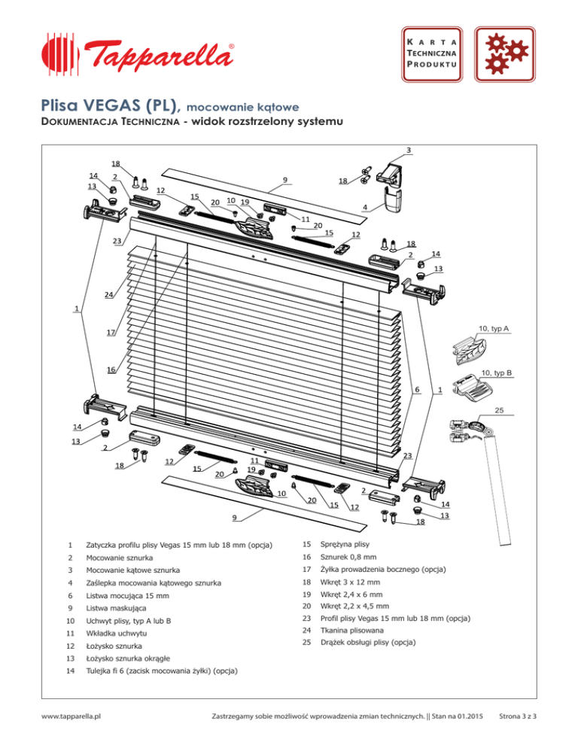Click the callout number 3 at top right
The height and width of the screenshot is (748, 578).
tap(408, 149)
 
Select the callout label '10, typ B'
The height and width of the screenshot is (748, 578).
tap(497, 372)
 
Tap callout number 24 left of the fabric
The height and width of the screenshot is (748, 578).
tap(109, 295)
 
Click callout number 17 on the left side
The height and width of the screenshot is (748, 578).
tap(111, 333)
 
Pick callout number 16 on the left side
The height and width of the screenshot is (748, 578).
tap(111, 370)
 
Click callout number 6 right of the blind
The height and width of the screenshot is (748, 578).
tap(417, 390)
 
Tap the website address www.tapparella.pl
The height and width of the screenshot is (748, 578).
tap(74, 726)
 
